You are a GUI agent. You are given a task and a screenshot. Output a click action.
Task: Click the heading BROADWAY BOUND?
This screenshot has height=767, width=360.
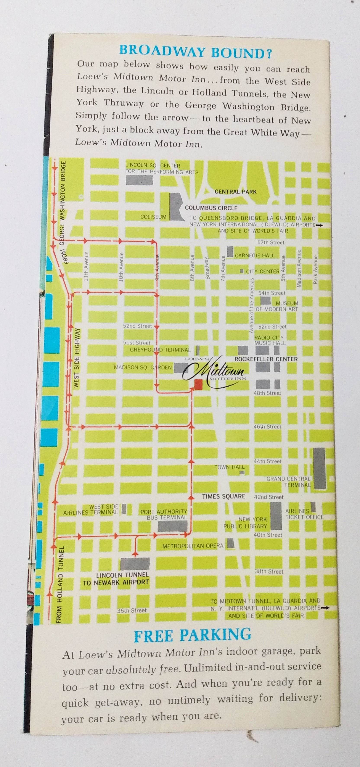[x=195, y=52]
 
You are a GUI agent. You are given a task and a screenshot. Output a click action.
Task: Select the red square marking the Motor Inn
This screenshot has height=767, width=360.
[x=198, y=384]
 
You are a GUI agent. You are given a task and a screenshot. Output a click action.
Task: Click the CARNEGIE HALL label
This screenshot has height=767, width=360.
[x=255, y=255]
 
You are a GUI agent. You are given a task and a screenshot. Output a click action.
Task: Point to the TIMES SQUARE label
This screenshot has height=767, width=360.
[x=223, y=496]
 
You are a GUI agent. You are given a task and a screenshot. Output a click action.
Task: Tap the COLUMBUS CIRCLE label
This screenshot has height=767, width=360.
[x=211, y=208]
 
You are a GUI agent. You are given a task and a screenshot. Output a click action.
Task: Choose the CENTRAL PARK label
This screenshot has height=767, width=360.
[x=235, y=192]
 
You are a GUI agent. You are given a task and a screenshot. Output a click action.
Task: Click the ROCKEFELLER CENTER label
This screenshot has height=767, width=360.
[x=266, y=359]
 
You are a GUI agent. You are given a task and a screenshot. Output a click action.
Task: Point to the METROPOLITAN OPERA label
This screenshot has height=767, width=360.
[x=193, y=546]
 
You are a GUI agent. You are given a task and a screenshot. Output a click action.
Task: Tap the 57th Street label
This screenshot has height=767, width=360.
[x=271, y=243]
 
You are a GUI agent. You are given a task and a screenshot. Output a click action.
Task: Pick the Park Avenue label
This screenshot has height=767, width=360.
[x=316, y=269]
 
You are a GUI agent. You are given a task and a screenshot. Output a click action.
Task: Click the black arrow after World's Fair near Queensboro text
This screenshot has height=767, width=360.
[x=319, y=225]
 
